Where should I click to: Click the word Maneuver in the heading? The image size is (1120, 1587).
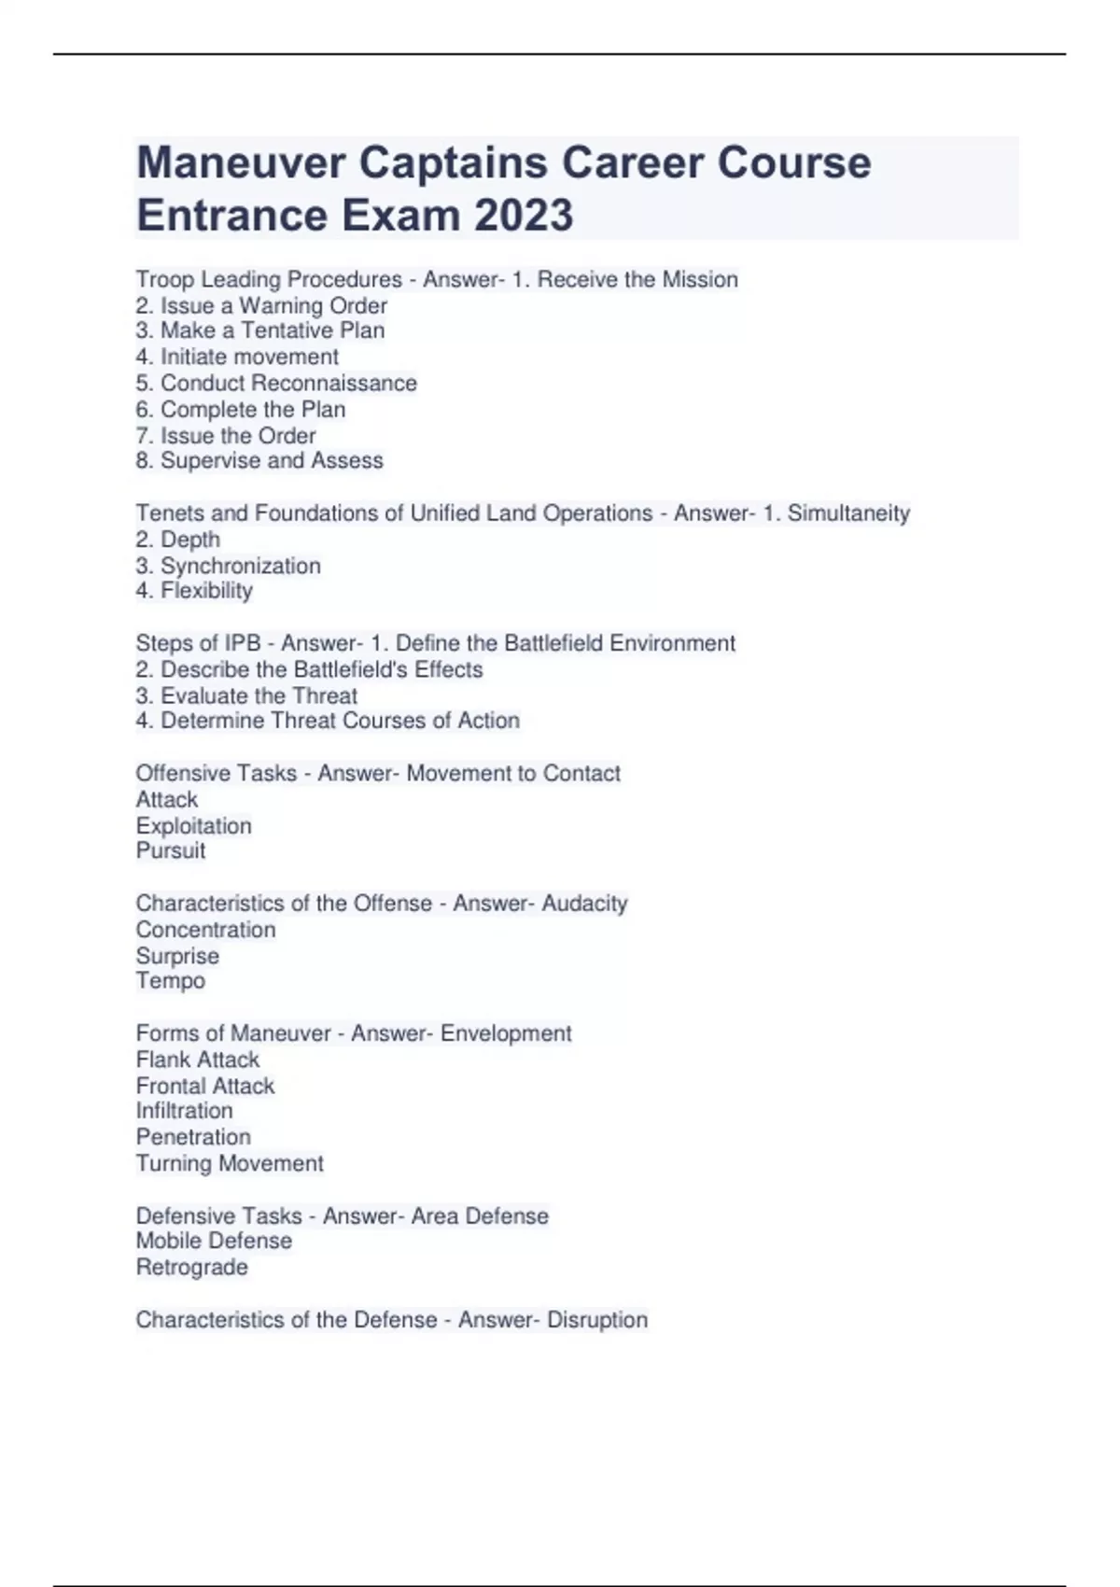coord(241,163)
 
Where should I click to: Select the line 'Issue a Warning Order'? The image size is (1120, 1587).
coord(261,305)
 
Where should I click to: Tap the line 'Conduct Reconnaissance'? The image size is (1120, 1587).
coord(276,383)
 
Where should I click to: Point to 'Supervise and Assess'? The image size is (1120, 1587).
coord(259,460)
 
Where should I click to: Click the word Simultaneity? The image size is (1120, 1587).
coord(848,513)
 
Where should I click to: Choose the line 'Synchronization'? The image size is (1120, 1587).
coord(228,566)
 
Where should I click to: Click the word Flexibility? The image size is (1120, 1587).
coord(194,591)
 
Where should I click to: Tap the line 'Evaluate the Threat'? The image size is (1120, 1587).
coord(246,695)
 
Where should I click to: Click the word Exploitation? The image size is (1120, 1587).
coord(193,825)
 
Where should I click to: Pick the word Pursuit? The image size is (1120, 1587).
coord(171,850)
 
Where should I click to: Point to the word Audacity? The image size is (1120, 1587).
coord(584,903)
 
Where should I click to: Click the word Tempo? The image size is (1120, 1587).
coord(170,980)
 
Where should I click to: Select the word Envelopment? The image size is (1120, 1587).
coord(506,1033)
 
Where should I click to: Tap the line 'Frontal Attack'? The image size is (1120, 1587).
coord(205,1086)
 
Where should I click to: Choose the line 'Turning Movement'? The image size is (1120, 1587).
coord(230,1163)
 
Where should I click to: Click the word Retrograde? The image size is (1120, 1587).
coord(192,1267)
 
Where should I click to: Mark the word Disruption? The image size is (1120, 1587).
coord(597,1319)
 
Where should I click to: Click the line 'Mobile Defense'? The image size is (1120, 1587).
coord(214,1241)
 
